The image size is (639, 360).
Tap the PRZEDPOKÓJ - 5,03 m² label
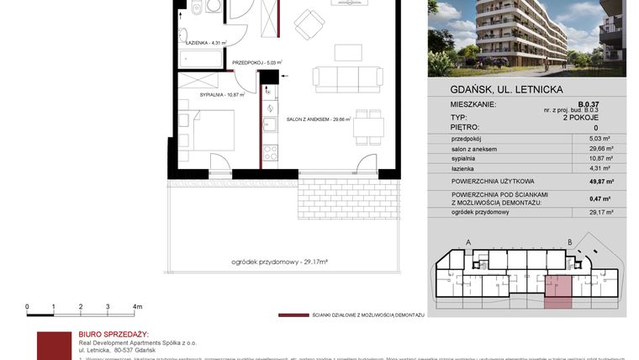(256, 62)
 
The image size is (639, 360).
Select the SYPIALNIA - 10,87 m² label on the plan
(222, 95)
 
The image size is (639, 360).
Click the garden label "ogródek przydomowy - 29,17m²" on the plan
(279, 263)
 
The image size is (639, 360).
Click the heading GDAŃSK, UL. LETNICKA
(495, 89)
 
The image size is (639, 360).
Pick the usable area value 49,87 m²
(598, 181)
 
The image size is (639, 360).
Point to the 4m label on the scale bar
(137, 307)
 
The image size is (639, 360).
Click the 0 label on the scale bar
(28, 307)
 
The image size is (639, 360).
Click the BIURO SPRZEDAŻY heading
(113, 334)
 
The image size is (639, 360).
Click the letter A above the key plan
(467, 242)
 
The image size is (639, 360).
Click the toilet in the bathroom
(196, 8)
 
